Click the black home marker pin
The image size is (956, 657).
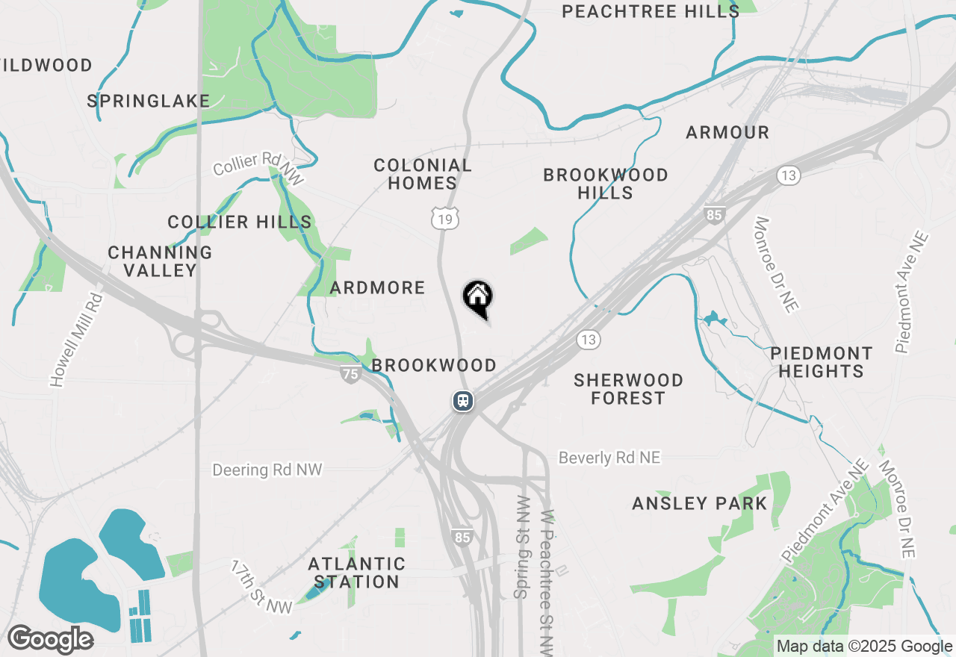[478, 298]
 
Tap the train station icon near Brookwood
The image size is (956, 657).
[463, 401]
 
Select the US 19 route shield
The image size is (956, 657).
[444, 219]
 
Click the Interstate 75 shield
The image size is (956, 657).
[350, 375]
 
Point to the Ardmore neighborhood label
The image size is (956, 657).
[377, 287]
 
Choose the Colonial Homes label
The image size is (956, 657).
[423, 174]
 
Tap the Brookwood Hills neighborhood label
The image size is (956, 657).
[606, 184]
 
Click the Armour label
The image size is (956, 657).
[727, 133]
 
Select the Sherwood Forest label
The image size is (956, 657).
[628, 389]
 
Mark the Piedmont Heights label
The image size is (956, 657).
[822, 362]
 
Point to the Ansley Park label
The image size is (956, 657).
[700, 504]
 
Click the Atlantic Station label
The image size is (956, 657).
[357, 573]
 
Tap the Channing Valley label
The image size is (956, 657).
[160, 261]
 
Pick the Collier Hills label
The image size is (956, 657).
[240, 222]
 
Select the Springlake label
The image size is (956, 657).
[149, 101]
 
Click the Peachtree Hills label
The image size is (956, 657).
[651, 11]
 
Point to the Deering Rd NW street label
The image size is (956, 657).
[267, 470]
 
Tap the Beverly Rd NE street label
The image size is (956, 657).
[609, 458]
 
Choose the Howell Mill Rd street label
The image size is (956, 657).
[76, 340]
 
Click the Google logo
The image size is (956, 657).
[50, 639]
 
